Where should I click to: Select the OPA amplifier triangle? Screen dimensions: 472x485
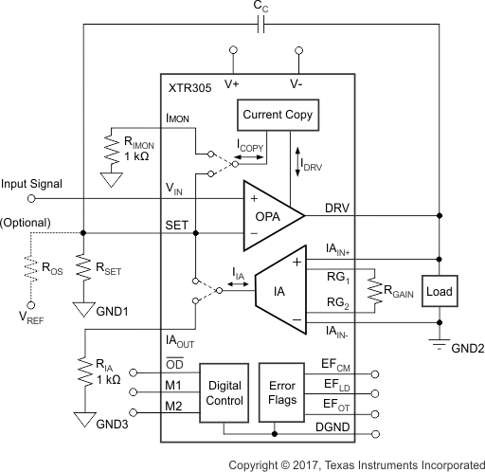[x=271, y=215]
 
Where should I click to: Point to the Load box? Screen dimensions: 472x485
[x=440, y=291]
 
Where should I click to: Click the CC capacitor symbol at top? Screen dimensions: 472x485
[x=261, y=25]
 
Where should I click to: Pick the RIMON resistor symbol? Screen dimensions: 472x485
[x=110, y=149]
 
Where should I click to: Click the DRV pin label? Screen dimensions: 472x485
[x=337, y=207]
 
